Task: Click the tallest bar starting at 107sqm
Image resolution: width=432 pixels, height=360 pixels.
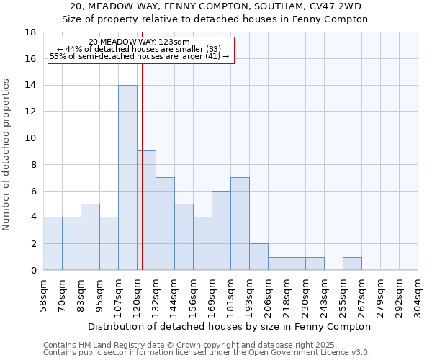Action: pos(127,177)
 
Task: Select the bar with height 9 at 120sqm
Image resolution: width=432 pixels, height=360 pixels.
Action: pos(146,210)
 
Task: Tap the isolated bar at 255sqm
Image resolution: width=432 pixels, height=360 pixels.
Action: pos(352,264)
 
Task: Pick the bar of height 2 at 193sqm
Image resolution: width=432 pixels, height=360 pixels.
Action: pos(258,256)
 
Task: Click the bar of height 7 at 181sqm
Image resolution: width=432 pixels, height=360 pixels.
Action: pos(240,223)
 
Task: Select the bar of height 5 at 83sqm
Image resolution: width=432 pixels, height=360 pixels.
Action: pos(90,237)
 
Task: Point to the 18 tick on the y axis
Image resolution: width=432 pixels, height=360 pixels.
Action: pos(30,32)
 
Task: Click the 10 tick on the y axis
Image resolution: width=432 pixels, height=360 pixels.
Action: pos(30,138)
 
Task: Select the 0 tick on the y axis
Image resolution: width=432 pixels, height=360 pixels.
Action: pos(33,270)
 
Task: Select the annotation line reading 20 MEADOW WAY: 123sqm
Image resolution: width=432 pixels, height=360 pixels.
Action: pos(140,42)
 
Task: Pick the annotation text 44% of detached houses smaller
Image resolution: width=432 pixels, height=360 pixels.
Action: pos(138,49)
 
